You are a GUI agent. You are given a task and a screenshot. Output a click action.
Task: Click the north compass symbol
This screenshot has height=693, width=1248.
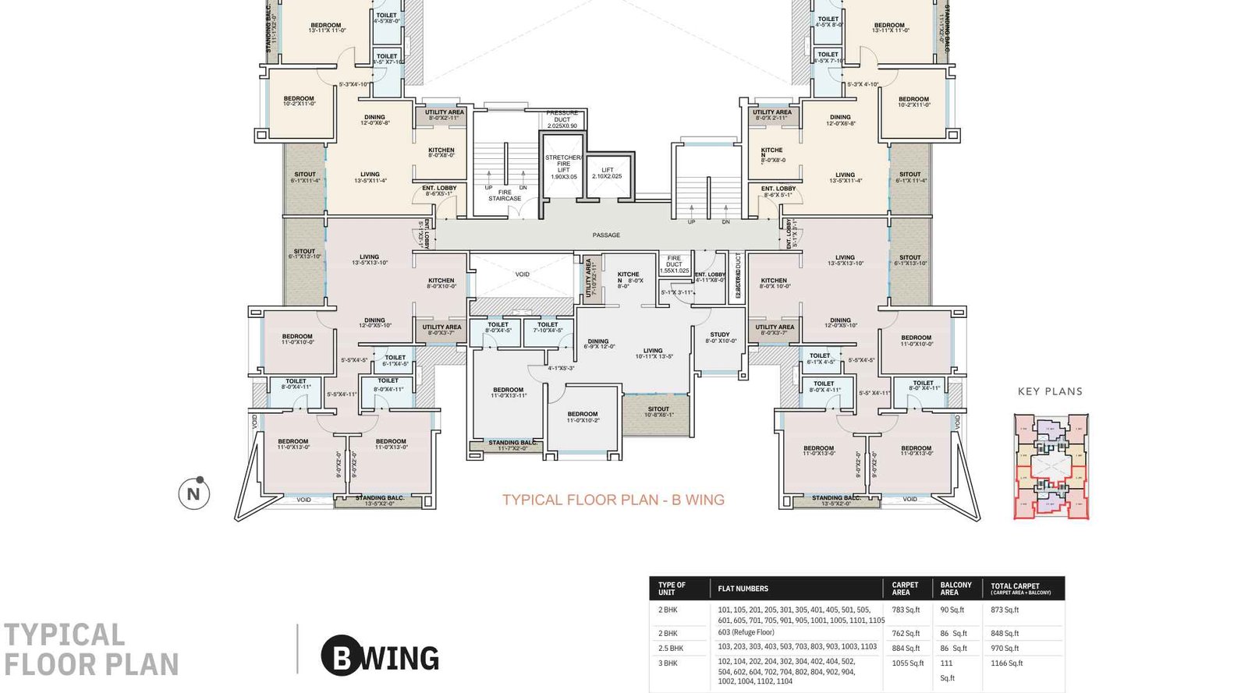coord(193,493)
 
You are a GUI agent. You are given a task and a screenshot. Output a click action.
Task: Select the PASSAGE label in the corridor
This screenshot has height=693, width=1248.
coord(606,235)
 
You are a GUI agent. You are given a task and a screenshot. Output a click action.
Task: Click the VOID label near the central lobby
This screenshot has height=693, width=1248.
coord(522,274)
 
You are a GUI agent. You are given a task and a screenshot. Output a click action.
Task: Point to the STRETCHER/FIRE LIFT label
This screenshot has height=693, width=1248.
coord(563,166)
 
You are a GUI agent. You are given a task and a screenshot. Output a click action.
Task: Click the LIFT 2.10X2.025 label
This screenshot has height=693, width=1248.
coord(607,172)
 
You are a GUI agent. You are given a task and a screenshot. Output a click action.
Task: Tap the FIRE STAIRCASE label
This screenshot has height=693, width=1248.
coord(505,195)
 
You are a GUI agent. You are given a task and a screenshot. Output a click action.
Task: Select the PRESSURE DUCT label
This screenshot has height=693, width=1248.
coord(562,119)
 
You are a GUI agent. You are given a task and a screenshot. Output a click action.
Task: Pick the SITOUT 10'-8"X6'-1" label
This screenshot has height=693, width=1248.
coord(658,412)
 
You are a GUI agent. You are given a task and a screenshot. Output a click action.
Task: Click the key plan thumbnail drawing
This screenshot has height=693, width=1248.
coord(1051,466)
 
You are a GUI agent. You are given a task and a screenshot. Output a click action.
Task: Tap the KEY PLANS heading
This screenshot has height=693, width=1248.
coord(1050,391)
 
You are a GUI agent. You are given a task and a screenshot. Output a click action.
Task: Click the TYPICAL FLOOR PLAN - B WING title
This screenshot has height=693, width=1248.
coord(613,500)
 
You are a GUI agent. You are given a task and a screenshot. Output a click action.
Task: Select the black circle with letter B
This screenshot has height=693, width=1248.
coord(341,657)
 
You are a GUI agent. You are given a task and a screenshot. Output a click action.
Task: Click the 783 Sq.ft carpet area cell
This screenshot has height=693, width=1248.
coord(906,610)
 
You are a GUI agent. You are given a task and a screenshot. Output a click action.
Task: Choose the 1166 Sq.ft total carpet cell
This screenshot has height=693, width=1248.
coord(1006,663)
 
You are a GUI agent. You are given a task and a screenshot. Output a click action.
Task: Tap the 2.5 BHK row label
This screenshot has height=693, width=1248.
coord(670,648)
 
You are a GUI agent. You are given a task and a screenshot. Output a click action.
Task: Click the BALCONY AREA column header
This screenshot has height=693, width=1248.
coord(955,589)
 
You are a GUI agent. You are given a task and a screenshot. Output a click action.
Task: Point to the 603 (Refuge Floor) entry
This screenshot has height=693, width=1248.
coord(746,632)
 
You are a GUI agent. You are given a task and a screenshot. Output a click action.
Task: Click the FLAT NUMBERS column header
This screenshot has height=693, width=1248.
coord(743,589)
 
